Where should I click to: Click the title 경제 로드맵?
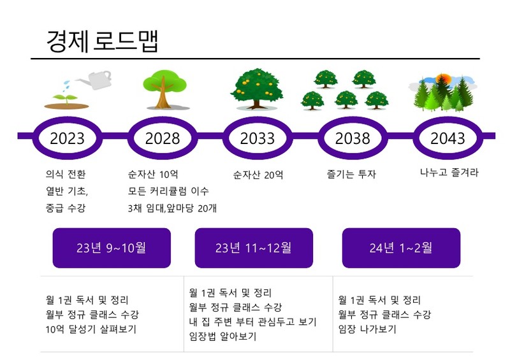[102, 41]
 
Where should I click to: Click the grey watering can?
[94, 80]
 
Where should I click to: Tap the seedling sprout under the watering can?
[66, 99]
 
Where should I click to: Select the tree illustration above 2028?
[165, 89]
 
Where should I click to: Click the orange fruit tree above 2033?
[257, 89]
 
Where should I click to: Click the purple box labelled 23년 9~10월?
[112, 248]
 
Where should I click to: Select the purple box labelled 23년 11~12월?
[254, 248]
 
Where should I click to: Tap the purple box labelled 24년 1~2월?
[401, 248]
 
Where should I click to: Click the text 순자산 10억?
[153, 175]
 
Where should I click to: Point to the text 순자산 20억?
[258, 175]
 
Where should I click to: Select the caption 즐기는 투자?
[351, 174]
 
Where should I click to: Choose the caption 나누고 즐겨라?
[449, 173]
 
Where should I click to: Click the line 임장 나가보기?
[367, 329]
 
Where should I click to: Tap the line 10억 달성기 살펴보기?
[91, 329]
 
